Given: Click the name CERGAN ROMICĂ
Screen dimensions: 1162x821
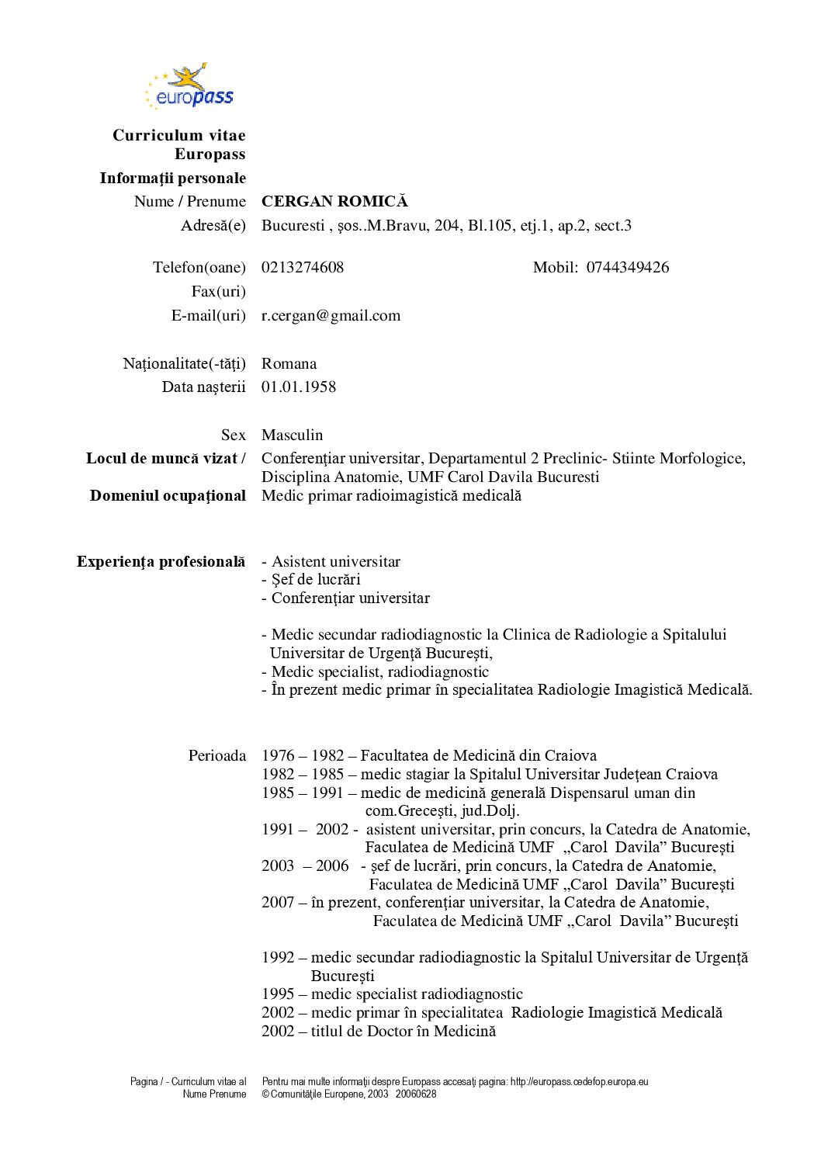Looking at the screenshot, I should pyautogui.click(x=334, y=202).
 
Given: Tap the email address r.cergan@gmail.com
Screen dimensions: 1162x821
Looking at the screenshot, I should pyautogui.click(x=331, y=316).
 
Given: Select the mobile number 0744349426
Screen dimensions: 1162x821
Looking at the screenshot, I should pyautogui.click(x=627, y=268).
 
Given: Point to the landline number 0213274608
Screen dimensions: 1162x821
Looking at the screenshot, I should pyautogui.click(x=303, y=268).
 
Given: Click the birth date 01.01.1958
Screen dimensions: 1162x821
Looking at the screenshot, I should pyautogui.click(x=299, y=387).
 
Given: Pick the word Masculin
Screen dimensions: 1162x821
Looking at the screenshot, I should pyautogui.click(x=292, y=435).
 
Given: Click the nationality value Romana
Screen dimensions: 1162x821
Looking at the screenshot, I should pyautogui.click(x=289, y=364).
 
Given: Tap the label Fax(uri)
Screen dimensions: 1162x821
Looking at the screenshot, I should pyautogui.click(x=218, y=292).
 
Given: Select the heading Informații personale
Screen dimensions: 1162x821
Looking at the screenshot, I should pyautogui.click(x=172, y=179).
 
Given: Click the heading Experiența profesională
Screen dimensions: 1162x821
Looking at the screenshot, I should pyautogui.click(x=161, y=562).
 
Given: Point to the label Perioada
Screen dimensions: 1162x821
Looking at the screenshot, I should pyautogui.click(x=217, y=756).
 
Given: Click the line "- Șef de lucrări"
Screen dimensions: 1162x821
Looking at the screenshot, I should pyautogui.click(x=311, y=580).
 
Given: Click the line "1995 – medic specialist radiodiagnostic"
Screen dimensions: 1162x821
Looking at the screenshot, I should pyautogui.click(x=392, y=994).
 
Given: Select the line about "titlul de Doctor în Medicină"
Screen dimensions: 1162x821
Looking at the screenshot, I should pyautogui.click(x=379, y=1032).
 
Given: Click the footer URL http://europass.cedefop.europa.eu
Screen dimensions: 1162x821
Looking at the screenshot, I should pyautogui.click(x=579, y=1082).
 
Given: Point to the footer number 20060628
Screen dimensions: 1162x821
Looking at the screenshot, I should pyautogui.click(x=416, y=1094).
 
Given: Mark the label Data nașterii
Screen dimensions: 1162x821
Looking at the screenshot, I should pyautogui.click(x=203, y=387).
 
